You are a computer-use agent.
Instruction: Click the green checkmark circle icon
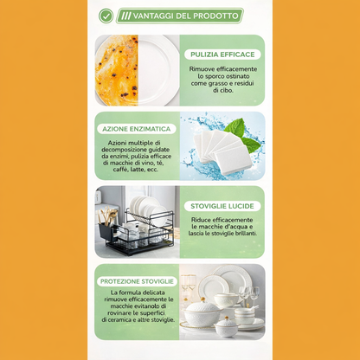(106, 16)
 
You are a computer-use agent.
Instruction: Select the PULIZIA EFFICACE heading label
(222, 55)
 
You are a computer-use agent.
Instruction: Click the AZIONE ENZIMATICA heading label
(137, 129)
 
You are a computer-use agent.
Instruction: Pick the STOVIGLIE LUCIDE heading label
(222, 206)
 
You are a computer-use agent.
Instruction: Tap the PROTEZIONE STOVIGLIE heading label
(137, 281)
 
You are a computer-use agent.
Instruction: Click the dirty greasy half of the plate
(117, 70)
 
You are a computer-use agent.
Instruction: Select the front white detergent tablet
(234, 160)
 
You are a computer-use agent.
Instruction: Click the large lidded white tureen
(202, 313)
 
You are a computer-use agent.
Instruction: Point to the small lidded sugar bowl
(227, 327)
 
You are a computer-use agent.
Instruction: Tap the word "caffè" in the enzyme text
(120, 170)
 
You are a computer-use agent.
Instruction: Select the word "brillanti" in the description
(245, 234)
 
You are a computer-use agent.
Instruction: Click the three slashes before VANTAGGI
(126, 16)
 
